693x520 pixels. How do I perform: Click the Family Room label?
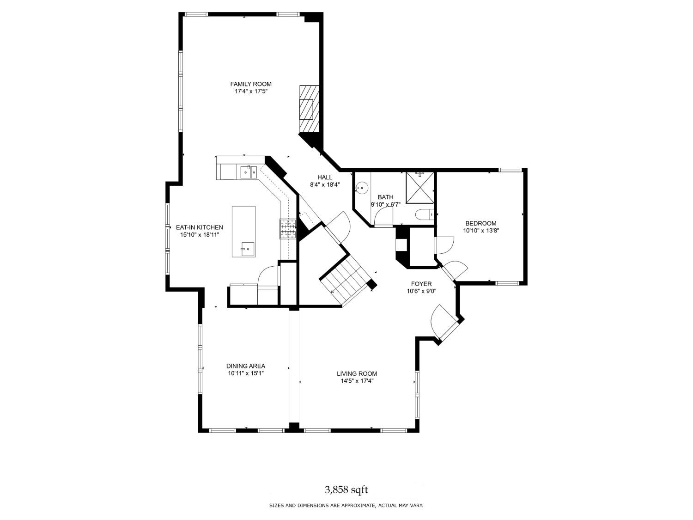click(x=251, y=84)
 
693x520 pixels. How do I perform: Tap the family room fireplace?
click(x=308, y=109)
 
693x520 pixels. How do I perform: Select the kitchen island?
click(x=243, y=232)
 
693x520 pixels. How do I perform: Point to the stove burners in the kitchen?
click(x=287, y=229)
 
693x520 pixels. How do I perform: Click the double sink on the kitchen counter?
click(x=248, y=172)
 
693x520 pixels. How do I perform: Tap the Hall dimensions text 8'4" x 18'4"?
click(x=325, y=184)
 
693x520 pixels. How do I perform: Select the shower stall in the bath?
click(x=420, y=187)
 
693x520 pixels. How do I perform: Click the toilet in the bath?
click(x=424, y=214)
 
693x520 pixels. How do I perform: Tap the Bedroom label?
click(x=480, y=223)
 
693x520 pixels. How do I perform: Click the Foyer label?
click(x=421, y=284)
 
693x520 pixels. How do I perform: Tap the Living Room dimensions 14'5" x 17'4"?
click(x=357, y=381)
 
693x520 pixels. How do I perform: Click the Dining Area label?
click(x=245, y=366)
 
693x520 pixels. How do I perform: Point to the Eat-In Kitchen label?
click(x=199, y=227)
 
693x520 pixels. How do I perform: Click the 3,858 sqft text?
click(x=346, y=489)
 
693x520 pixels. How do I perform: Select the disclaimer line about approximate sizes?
click(x=346, y=506)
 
